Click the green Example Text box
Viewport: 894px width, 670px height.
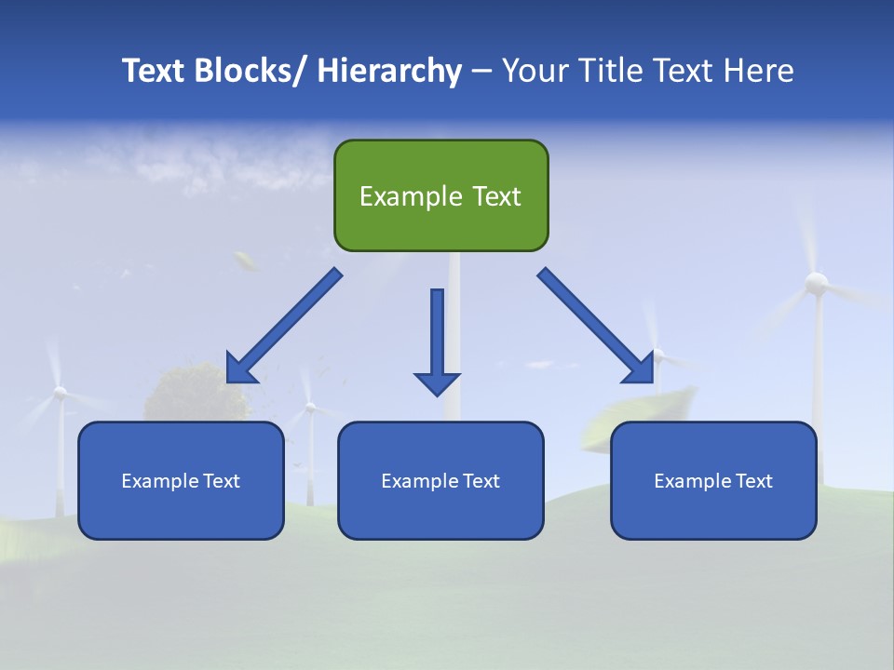440,195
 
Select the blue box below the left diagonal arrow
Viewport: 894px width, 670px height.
181,480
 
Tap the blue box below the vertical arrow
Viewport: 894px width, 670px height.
440,480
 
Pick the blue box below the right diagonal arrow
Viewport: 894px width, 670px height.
713,480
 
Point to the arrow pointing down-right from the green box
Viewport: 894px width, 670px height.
596,326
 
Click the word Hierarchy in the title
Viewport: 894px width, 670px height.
389,71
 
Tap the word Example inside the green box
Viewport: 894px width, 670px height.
411,196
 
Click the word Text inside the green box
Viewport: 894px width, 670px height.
495,196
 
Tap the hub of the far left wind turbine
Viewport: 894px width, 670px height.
60,394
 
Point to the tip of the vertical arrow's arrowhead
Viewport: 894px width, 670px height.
437,395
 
